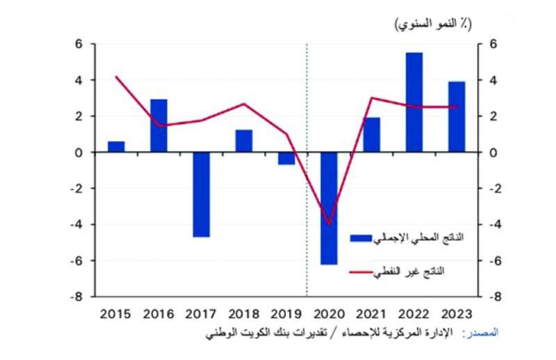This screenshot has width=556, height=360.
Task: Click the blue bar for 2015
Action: click(116, 147)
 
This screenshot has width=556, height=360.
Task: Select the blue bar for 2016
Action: click(158, 126)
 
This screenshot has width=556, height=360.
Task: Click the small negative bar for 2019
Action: click(286, 158)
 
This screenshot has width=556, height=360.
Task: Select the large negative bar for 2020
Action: click(329, 208)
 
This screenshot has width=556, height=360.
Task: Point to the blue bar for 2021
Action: click(371, 135)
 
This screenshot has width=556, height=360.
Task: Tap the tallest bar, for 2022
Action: click(414, 102)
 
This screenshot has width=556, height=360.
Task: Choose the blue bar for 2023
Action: click(457, 117)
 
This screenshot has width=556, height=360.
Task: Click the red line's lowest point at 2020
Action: click(329, 224)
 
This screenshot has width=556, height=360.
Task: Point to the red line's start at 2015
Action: click(116, 76)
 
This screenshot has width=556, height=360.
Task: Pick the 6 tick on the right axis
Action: click(494, 44)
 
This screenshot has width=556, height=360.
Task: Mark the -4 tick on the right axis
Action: click(496, 224)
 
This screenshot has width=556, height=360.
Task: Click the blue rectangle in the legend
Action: click(360, 238)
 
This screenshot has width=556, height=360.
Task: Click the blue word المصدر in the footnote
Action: click(481, 334)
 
